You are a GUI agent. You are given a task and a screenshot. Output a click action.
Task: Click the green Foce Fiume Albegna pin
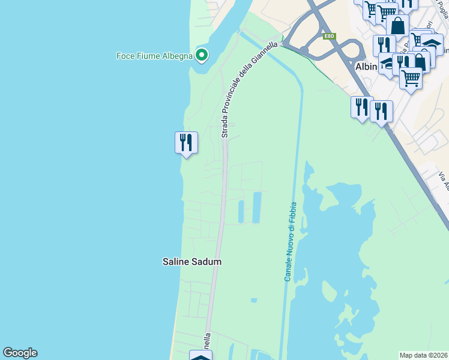coord(202,55)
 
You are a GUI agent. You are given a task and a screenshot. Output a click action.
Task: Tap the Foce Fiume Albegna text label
coord(154,56)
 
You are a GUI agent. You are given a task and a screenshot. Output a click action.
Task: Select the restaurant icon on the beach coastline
coord(186,143)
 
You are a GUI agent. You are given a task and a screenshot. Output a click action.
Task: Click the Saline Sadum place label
coord(192,262)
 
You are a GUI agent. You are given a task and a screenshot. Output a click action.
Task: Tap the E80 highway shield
coord(328,37)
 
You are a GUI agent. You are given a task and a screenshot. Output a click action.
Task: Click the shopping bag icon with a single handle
coord(397,26)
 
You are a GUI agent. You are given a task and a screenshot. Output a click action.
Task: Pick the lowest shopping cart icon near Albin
coord(411,77)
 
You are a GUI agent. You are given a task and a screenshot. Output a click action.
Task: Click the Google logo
coord(20,353)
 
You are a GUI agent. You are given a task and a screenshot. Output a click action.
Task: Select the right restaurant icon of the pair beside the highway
coord(381,111)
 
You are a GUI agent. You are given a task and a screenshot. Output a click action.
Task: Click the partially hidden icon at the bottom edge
coord(200,356)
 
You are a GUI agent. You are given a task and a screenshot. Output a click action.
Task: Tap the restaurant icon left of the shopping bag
coord(384,46)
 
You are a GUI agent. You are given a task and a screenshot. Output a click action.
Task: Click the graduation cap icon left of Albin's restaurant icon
coord(389,63)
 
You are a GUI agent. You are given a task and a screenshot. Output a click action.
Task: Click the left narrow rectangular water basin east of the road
coord(241,211)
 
